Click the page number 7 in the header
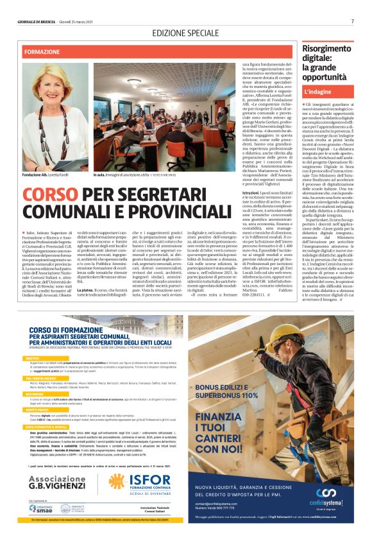352,21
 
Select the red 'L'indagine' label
317,92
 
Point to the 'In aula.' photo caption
103,175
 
